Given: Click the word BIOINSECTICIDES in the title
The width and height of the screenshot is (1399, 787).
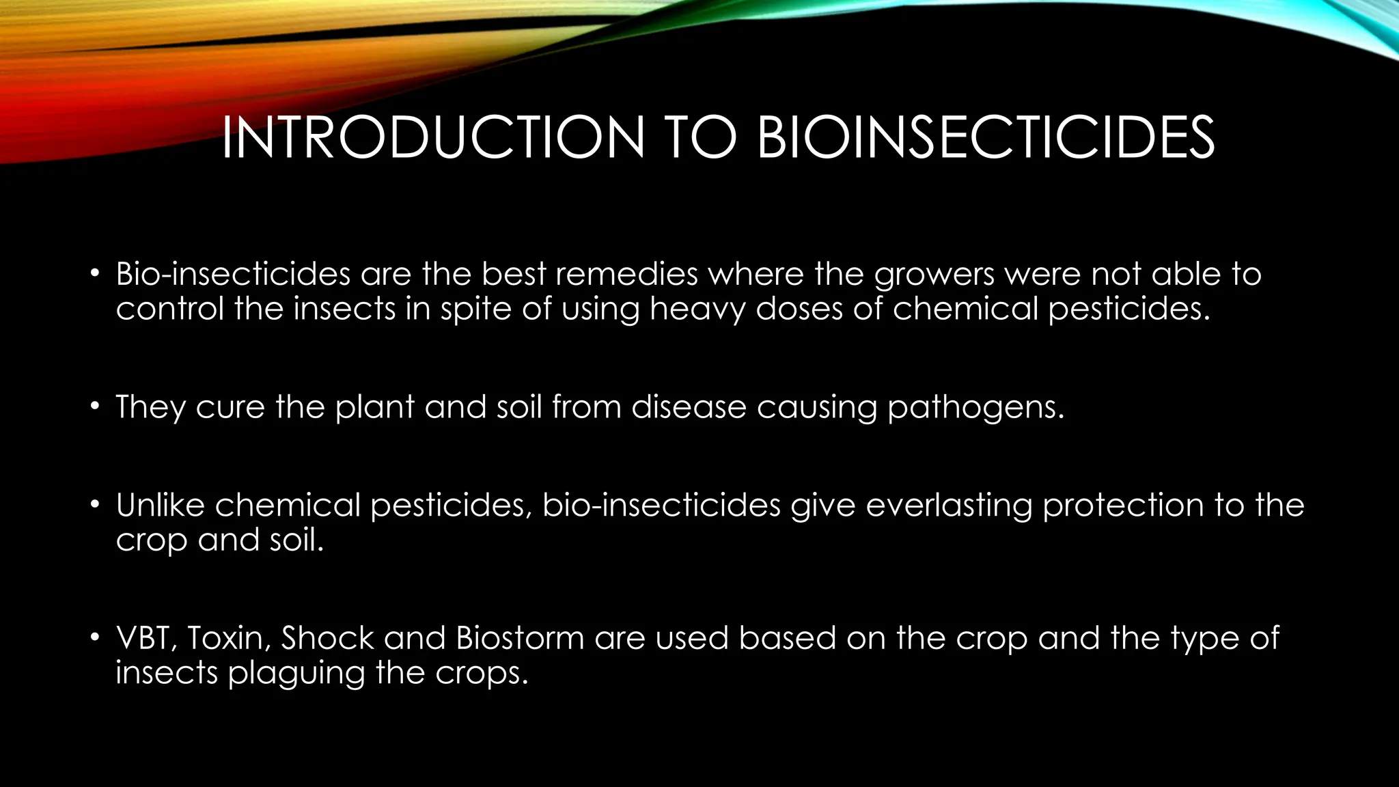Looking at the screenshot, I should click(985, 138).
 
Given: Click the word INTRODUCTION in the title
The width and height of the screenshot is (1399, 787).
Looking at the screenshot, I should click(432, 138).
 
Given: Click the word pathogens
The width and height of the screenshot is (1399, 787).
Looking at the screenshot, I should click(975, 408).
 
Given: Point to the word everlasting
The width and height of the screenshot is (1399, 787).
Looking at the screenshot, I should click(949, 506).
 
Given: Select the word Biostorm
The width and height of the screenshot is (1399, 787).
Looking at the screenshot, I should click(520, 638).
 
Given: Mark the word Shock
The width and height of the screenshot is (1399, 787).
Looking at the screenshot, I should click(327, 638).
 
